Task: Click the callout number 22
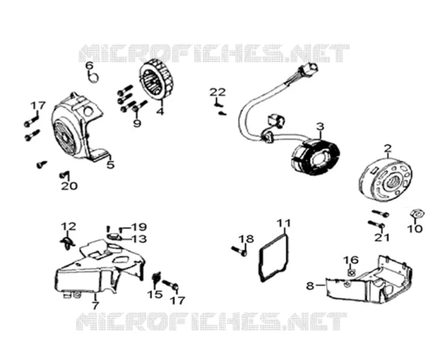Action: [218, 92]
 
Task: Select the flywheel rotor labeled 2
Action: [385, 181]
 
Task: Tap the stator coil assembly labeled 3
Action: [315, 157]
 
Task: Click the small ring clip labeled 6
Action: [94, 77]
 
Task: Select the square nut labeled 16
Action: [352, 272]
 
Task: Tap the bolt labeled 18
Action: [239, 250]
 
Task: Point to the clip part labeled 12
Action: [67, 242]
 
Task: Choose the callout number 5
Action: [111, 165]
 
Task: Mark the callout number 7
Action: [95, 305]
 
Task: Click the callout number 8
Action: [310, 286]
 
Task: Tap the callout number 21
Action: [382, 237]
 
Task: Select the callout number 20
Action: [70, 186]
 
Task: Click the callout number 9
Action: [137, 123]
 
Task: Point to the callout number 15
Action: [155, 294]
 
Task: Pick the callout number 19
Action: [139, 227]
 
